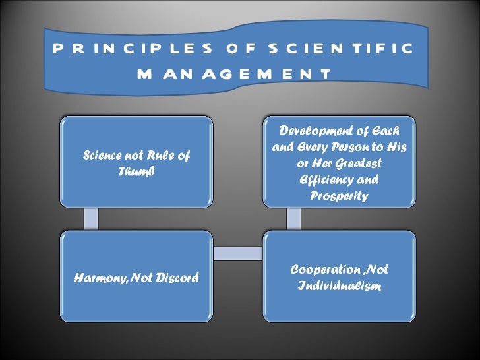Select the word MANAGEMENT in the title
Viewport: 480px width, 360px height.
coord(234,75)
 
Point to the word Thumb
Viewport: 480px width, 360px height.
coord(135,171)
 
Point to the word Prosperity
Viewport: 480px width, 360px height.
coord(339,196)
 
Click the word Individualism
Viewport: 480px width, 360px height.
coord(339,287)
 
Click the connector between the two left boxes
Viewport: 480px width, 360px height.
coord(90,218)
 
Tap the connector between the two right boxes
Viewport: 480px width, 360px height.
coord(292,218)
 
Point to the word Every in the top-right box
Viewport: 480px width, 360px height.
coord(313,146)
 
